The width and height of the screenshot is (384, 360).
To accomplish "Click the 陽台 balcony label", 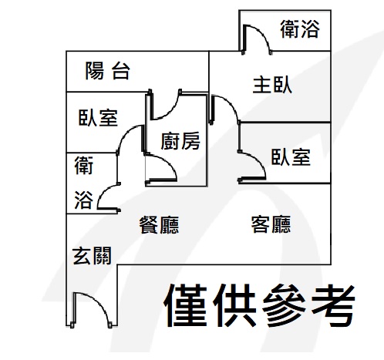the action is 108,71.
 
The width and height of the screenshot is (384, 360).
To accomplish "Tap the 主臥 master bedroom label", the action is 272,85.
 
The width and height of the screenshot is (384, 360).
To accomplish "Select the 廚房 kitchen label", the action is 180,141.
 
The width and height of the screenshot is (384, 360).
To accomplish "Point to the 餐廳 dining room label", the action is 159,225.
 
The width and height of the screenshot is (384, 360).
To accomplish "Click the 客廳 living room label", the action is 271,224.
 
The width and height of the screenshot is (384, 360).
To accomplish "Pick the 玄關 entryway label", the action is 92,256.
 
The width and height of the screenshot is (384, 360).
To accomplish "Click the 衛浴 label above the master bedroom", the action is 300,29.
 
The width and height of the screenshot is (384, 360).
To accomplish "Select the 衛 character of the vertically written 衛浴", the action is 84,166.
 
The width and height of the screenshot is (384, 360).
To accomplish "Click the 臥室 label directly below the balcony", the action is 98,118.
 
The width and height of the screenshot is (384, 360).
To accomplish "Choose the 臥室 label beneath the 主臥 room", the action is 291,156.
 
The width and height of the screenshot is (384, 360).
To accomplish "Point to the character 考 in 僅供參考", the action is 333,305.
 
